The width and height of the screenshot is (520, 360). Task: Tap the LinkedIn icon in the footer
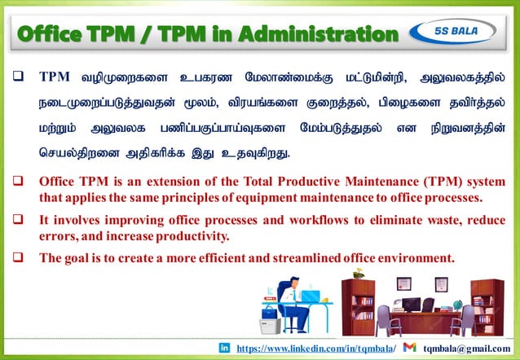[224, 348]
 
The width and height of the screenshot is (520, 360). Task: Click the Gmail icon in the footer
[409, 348]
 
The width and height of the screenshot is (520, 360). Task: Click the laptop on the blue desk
[311, 295]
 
